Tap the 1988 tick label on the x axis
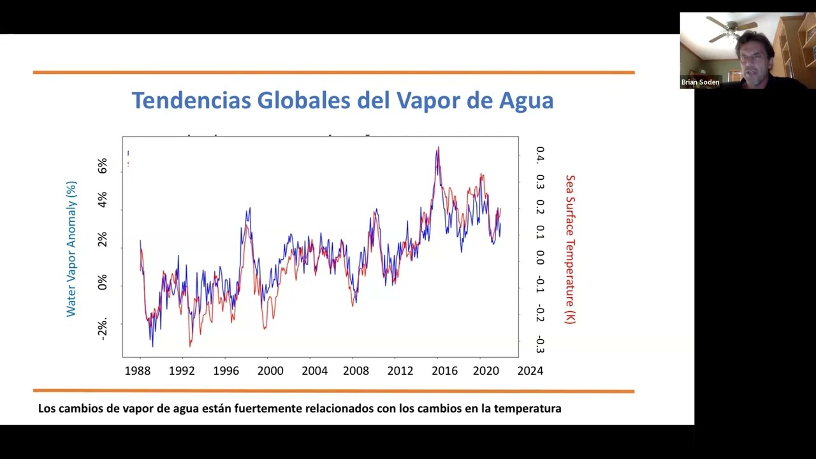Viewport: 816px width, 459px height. (x=137, y=370)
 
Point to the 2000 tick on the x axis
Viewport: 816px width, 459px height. (x=270, y=370)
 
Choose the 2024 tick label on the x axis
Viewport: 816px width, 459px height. (x=530, y=370)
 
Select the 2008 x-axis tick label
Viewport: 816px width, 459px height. (x=356, y=370)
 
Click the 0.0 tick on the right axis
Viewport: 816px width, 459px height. (x=540, y=257)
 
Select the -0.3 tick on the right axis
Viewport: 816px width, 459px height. (x=540, y=344)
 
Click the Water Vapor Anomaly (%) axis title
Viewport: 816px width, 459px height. (x=71, y=249)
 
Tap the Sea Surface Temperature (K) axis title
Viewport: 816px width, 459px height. (x=570, y=249)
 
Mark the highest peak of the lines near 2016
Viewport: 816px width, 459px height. (x=438, y=148)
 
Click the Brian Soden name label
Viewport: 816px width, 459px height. (x=700, y=82)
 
